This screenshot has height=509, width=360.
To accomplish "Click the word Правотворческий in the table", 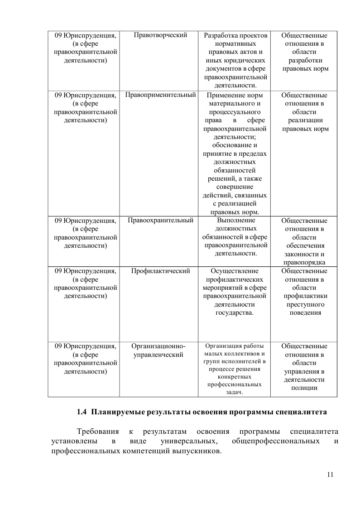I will coord(161,35).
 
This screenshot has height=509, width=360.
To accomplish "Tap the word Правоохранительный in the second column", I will coord(161,221).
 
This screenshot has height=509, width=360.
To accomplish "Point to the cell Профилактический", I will coord(160,271).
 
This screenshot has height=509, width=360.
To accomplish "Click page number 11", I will coord(330,475).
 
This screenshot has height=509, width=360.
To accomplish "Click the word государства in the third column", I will coord(235,312).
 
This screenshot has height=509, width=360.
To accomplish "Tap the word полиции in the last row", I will coord(304,388).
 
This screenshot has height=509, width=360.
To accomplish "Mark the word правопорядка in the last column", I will coord(304,263).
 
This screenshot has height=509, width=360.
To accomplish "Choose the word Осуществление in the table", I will coord(235,271).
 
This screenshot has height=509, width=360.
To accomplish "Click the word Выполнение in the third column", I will coord(235,221).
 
